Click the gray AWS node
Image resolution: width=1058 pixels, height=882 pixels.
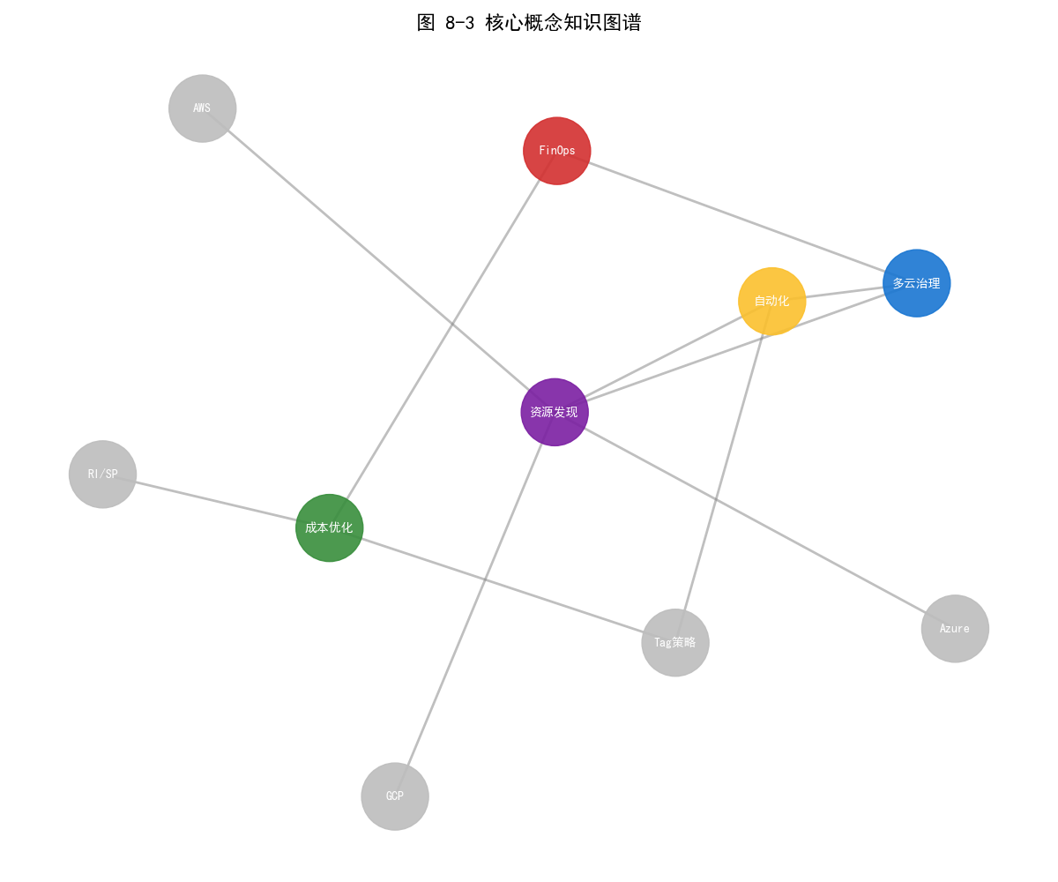[x=203, y=108]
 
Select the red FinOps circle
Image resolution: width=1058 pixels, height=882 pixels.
[x=556, y=151]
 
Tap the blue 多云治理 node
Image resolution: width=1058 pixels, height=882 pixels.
[x=917, y=283]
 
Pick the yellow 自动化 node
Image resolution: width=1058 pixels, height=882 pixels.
[x=772, y=301]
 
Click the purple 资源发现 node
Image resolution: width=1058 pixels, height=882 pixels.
[x=555, y=412]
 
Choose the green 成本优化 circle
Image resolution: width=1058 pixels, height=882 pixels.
[x=330, y=527]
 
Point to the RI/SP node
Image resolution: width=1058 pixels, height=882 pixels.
[x=103, y=475]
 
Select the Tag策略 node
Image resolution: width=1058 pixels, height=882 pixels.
[x=675, y=643]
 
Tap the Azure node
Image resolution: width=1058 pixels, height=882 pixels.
[x=955, y=629]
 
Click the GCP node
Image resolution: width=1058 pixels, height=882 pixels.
[x=395, y=796]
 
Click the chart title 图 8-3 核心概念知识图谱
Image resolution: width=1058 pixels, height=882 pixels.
[x=529, y=23]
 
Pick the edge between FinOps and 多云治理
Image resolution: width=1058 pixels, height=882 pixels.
[x=736, y=217]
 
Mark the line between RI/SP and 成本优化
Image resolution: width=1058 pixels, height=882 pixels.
[x=216, y=501]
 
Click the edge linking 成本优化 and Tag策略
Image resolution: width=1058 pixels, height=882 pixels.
[x=503, y=585]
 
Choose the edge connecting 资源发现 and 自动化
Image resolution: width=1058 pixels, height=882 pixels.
[x=663, y=356]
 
